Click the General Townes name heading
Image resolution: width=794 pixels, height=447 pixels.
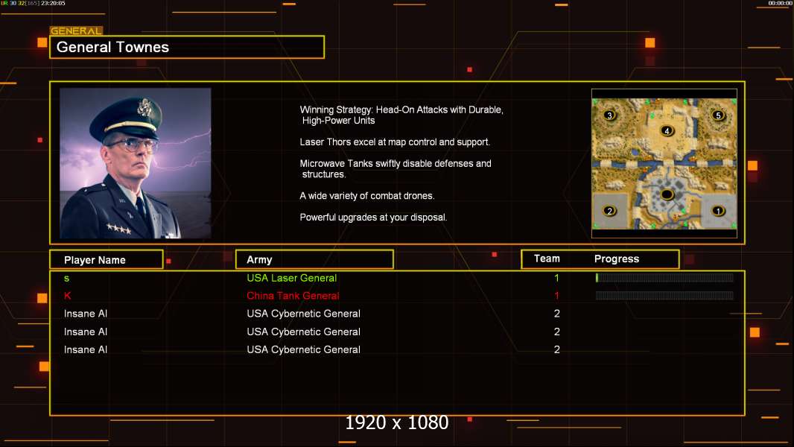pos(112,47)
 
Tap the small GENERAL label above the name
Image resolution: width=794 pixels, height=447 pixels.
pos(76,31)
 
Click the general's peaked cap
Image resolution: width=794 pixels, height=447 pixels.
pos(127,117)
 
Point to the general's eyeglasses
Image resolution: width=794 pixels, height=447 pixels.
pos(132,145)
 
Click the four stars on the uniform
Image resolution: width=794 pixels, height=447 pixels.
pos(119,229)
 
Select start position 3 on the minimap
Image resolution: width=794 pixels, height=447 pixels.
pos(610,115)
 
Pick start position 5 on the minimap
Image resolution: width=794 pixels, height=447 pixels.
pos(718,115)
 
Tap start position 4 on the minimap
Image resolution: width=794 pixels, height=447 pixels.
pos(667,130)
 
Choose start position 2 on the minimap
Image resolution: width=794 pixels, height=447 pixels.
pos(610,211)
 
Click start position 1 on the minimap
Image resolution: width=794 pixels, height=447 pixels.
pos(718,211)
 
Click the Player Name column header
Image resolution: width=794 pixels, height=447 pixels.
pos(95,260)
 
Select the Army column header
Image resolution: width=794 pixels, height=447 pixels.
pos(259,260)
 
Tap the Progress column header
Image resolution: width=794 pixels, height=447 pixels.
pos(617,259)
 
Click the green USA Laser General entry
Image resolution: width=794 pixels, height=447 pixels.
pos(292,278)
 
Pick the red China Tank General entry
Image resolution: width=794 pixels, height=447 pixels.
pos(293,296)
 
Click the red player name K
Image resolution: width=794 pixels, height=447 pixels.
pos(67,296)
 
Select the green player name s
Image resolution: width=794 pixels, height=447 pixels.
pos(67,279)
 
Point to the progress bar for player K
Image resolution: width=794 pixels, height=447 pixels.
pos(664,296)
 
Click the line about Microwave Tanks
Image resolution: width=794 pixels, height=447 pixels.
pos(396,168)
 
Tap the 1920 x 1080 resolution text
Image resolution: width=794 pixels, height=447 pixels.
pos(397,422)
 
